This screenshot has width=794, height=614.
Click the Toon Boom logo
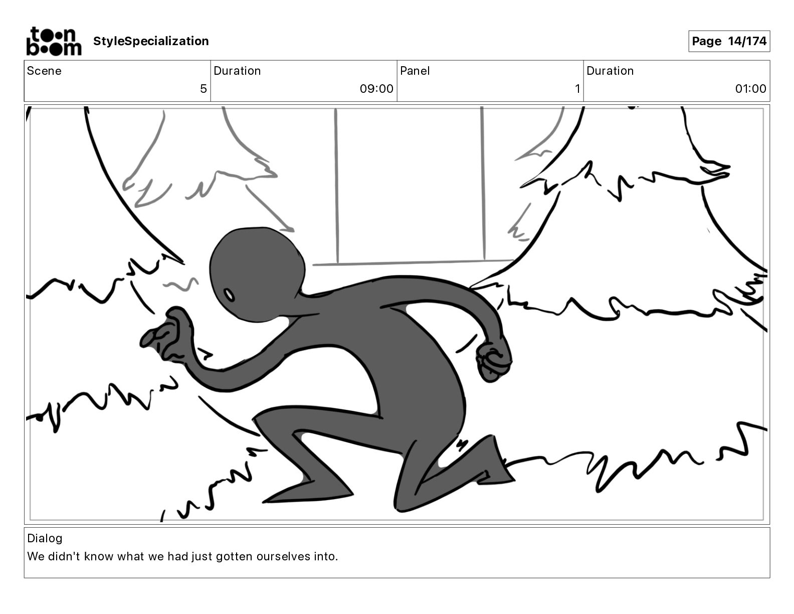[54, 41]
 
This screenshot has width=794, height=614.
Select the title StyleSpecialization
[151, 41]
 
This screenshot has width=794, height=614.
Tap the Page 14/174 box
[729, 41]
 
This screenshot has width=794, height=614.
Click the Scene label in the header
[44, 71]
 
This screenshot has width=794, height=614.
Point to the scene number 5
[204, 88]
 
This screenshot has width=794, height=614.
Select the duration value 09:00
[376, 88]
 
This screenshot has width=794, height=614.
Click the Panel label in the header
[415, 71]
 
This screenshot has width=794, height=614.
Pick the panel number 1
[577, 88]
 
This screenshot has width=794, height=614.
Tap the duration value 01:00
[750, 88]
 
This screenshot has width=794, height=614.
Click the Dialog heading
[45, 538]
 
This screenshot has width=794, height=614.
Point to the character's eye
[229, 295]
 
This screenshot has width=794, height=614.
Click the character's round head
[257, 274]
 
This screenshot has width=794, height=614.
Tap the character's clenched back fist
[493, 362]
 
